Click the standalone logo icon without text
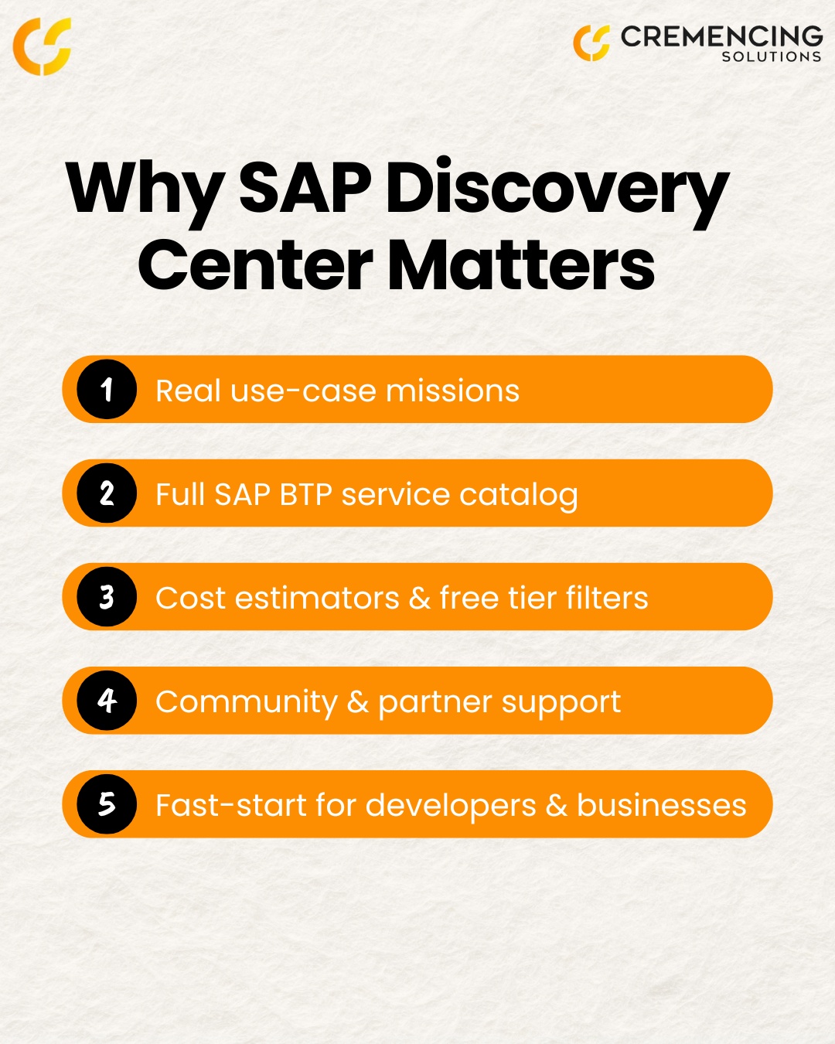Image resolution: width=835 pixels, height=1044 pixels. [x=43, y=46]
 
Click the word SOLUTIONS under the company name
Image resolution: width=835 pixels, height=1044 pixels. [x=771, y=56]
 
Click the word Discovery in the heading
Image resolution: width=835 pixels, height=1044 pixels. [x=557, y=189]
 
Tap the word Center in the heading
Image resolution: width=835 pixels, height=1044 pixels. [x=256, y=265]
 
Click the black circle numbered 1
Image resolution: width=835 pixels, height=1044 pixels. [x=107, y=389]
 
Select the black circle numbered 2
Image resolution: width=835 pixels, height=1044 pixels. [x=107, y=493]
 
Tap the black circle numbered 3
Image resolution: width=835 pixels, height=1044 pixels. [x=107, y=596]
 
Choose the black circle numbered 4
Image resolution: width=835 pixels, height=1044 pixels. [x=107, y=700]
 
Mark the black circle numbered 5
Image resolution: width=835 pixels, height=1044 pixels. [x=107, y=803]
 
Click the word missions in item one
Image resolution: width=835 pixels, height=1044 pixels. [x=452, y=391]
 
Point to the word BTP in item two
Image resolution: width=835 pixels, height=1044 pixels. [x=305, y=495]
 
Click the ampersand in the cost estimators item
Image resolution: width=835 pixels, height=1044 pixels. [x=419, y=599]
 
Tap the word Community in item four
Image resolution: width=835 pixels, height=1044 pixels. [x=247, y=703]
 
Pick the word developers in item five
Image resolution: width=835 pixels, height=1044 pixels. [x=450, y=807]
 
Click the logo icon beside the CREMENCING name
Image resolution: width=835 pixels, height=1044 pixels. [x=591, y=42]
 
